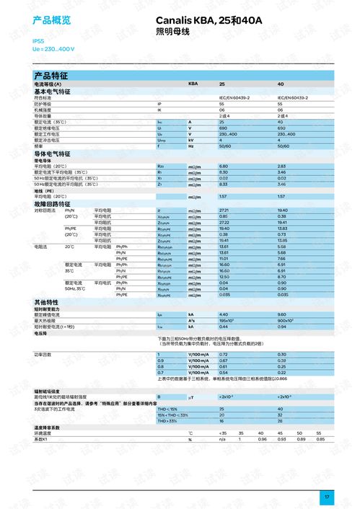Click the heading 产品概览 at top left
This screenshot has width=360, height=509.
pos(52,20)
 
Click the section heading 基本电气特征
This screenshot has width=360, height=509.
pos(53,92)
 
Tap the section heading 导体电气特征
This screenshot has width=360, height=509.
pos(53,154)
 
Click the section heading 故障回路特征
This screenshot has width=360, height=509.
pos(53,203)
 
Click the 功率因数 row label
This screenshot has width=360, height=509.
pos(43,355)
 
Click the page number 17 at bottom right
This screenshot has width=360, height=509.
pos(326,497)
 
